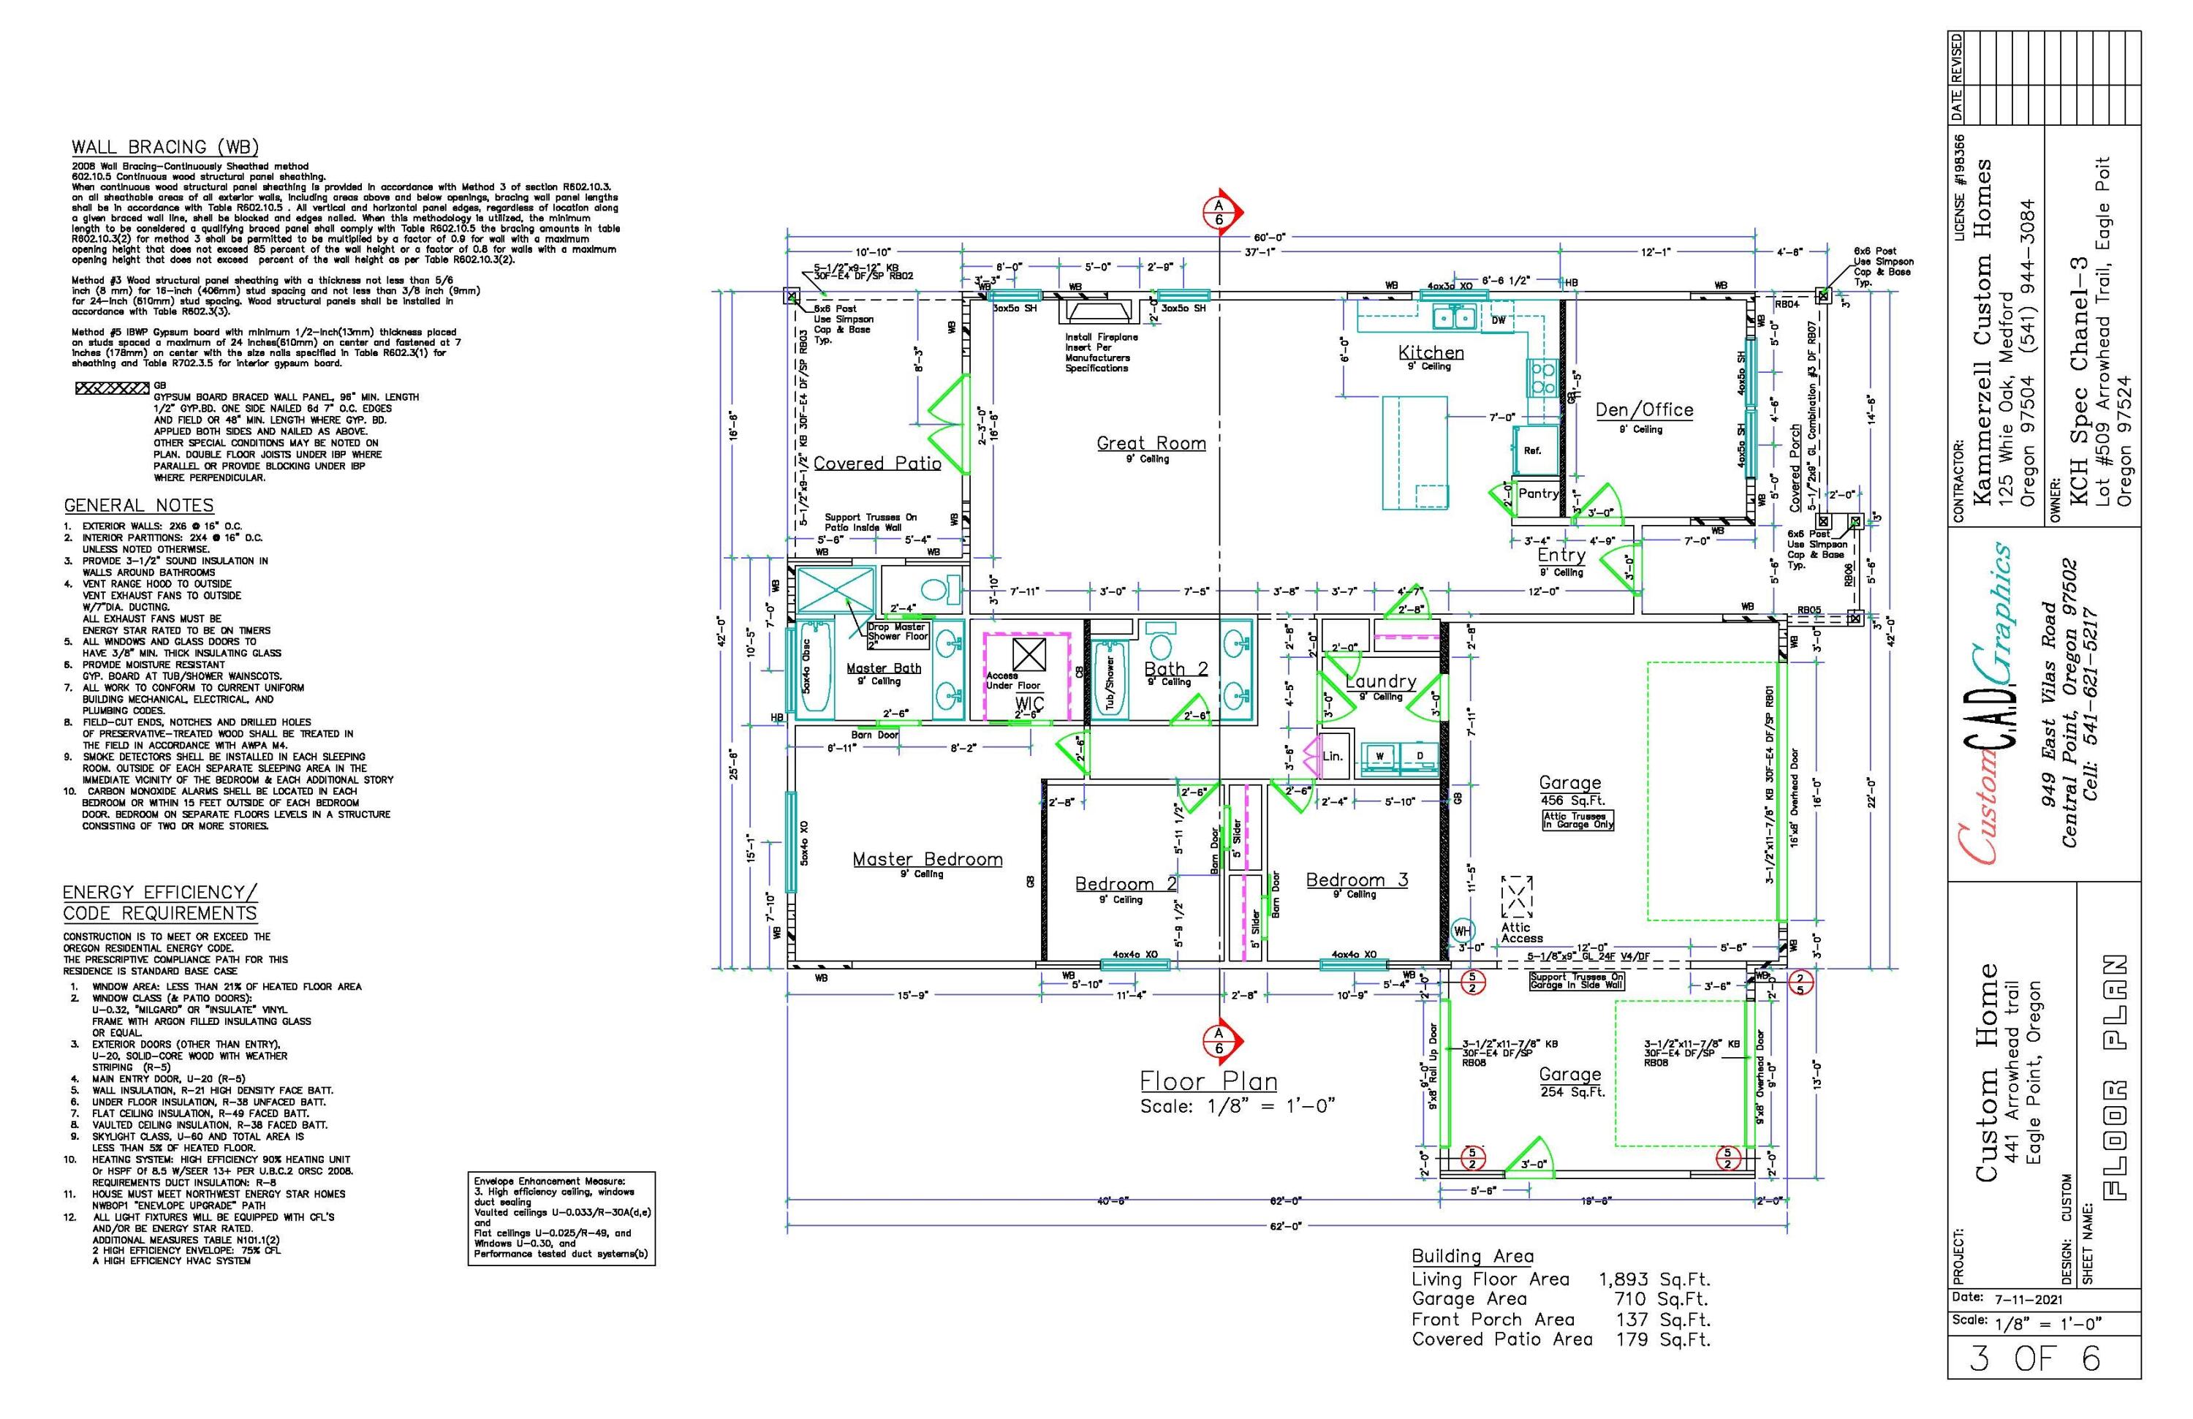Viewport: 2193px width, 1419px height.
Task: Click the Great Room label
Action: pyautogui.click(x=1151, y=443)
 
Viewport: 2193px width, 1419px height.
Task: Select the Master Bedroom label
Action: pyautogui.click(x=927, y=860)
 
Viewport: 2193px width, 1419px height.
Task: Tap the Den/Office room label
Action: pyautogui.click(x=1644, y=410)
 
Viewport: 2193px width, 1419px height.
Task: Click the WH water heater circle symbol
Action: pyautogui.click(x=1462, y=931)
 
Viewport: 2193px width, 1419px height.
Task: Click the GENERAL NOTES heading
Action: pyautogui.click(x=138, y=506)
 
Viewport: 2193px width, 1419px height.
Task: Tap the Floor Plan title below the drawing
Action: pyautogui.click(x=1208, y=1081)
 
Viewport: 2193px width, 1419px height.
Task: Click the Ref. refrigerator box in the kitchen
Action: pyautogui.click(x=1531, y=450)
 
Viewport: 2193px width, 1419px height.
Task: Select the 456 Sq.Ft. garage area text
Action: pyautogui.click(x=1570, y=801)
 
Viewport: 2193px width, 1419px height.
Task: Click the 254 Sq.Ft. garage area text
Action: pyautogui.click(x=1571, y=1092)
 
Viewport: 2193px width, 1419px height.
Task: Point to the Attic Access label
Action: pyautogui.click(x=1521, y=933)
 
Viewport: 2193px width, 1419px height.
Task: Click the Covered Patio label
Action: pyautogui.click(x=876, y=463)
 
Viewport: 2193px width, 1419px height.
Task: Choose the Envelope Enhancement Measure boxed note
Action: pyautogui.click(x=561, y=1217)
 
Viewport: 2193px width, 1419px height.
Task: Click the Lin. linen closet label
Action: pyautogui.click(x=1333, y=756)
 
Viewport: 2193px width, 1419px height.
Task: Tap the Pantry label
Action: pyautogui.click(x=1538, y=494)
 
